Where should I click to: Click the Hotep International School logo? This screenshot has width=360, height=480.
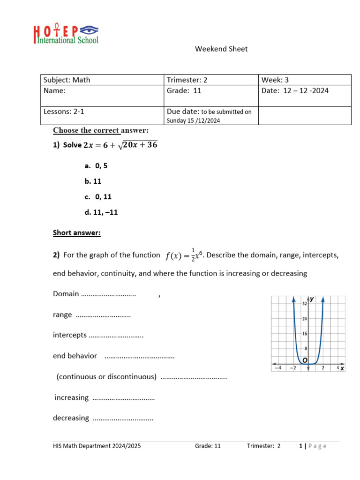pos(66,34)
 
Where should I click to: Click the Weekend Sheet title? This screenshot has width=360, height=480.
pos(221,49)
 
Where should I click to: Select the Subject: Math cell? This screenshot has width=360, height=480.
pos(67,80)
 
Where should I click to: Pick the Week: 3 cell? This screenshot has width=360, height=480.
pos(278,80)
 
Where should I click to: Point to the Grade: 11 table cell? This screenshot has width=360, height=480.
pos(184,90)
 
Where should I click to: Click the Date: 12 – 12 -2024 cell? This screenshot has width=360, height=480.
pos(295,90)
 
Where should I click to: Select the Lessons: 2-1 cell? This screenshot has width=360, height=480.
pos(64,112)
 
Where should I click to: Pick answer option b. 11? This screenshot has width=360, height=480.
pos(93,181)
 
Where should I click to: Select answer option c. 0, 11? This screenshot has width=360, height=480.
pos(98,197)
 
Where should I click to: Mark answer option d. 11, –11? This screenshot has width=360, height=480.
pos(101,212)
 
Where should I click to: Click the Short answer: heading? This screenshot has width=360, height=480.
pos(76,232)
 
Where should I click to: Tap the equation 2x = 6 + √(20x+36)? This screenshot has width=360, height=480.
pos(120,145)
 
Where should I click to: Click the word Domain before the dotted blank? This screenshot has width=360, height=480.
pos(66,294)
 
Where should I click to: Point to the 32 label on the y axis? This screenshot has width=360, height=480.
pos(304,304)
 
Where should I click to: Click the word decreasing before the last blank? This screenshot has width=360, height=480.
pos(71,418)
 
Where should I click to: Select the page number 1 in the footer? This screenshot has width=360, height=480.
pos(300,446)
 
